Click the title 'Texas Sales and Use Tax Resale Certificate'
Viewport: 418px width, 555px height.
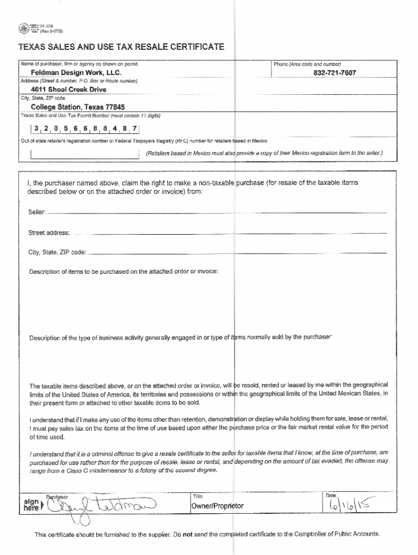121,47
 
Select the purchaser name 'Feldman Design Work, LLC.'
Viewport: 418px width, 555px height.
76,73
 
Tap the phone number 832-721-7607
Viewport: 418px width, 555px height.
335,73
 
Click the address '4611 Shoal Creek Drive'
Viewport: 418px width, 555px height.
68,90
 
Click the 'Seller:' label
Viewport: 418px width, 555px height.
37,212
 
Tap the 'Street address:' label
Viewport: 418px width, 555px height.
49,233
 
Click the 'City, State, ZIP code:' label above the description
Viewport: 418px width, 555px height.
57,253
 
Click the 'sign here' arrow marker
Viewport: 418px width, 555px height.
31,505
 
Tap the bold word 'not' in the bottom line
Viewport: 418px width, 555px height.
187,534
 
